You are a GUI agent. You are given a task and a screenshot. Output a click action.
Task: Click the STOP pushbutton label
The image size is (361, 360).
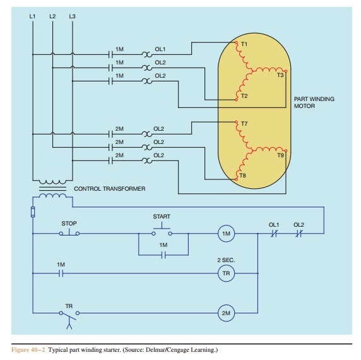click(x=69, y=224)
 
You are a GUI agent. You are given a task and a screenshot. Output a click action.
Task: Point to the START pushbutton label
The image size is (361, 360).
click(x=162, y=217)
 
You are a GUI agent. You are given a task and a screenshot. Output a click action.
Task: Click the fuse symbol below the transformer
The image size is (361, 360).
click(x=33, y=212)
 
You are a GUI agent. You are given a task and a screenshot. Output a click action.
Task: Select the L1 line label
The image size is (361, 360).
click(x=32, y=16)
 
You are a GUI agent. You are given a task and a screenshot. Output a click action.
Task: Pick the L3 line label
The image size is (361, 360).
click(x=73, y=16)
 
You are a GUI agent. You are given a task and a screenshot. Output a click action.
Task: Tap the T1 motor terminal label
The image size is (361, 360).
click(x=244, y=44)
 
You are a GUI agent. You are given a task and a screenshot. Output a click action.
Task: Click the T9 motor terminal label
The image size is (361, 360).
click(x=280, y=155)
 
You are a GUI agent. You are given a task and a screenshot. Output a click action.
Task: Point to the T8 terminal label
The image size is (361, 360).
click(x=242, y=176)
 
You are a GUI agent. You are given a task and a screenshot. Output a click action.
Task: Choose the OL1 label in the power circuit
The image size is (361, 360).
click(x=160, y=49)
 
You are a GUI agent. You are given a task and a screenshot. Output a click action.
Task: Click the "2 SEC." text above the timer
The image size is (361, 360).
click(x=226, y=260)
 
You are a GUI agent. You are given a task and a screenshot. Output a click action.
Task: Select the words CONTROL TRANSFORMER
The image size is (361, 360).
click(x=110, y=189)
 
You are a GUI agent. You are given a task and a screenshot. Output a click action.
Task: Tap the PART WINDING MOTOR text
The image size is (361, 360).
click(x=314, y=102)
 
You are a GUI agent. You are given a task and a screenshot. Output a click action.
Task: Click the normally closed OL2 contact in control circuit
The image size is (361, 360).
click(x=299, y=233)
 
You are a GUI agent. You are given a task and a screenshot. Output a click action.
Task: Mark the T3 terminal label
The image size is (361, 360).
click(x=280, y=75)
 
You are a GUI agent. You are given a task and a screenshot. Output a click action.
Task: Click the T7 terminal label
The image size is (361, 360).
click(x=244, y=124)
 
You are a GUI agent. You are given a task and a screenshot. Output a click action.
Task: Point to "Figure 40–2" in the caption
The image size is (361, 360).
click(x=28, y=350)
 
